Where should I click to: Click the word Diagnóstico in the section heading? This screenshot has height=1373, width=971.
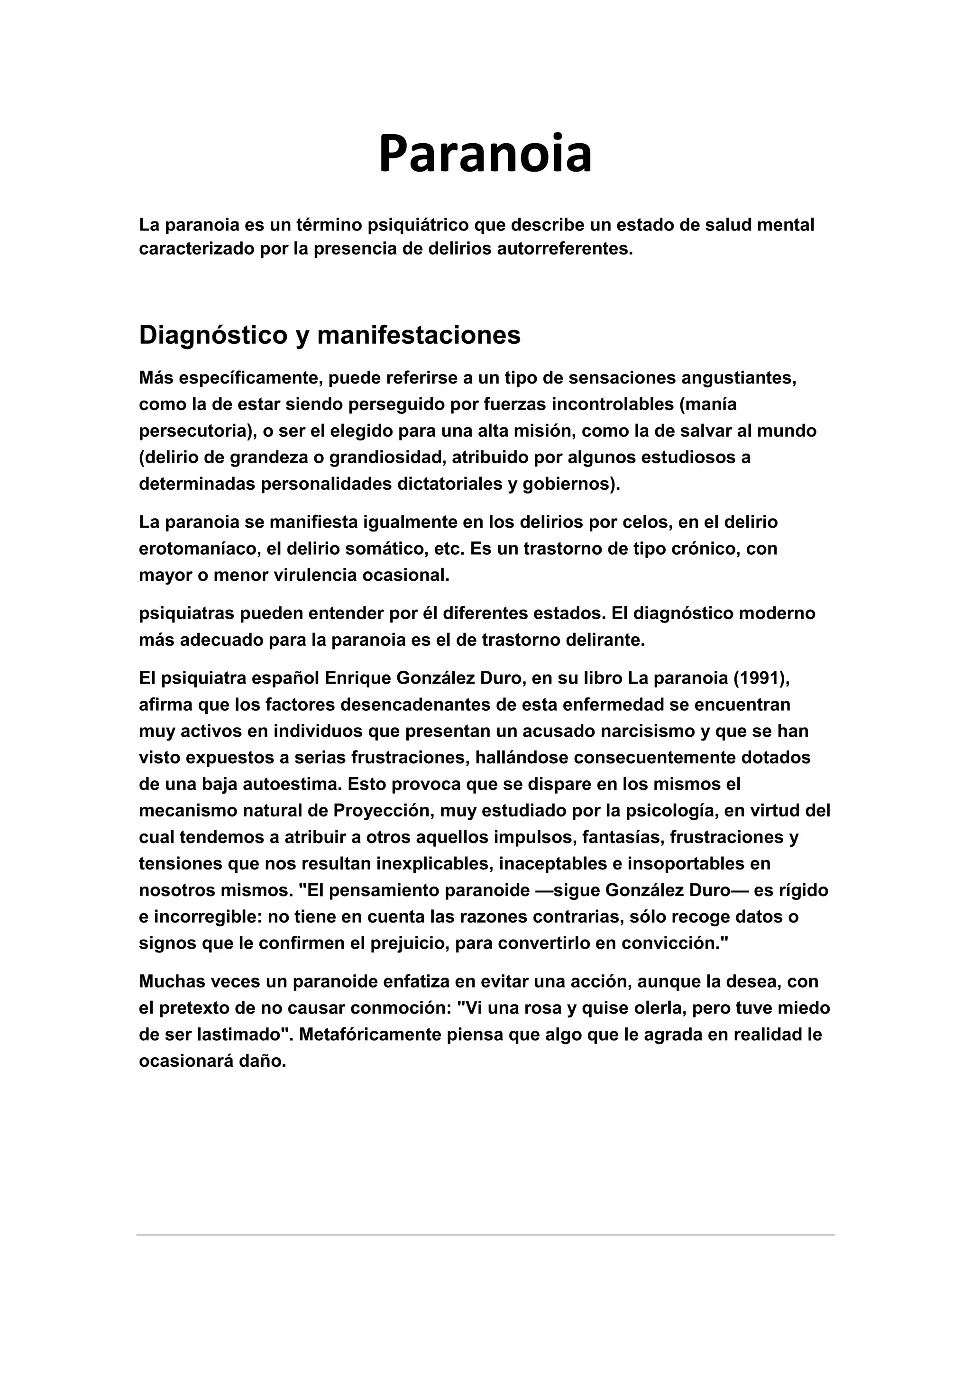(x=213, y=336)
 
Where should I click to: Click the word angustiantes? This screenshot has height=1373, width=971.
(x=738, y=378)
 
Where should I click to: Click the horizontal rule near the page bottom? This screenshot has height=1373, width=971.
(x=485, y=1235)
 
